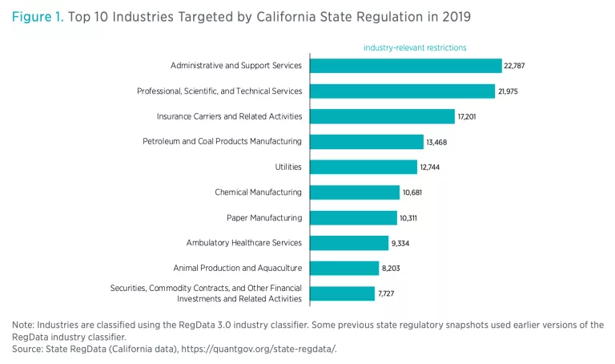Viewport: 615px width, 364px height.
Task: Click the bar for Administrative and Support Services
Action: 405,66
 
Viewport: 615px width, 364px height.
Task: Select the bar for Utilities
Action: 364,167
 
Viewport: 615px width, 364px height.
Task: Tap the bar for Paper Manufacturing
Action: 353,217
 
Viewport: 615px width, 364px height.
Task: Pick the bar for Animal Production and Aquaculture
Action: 344,268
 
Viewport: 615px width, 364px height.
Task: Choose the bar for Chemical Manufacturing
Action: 355,192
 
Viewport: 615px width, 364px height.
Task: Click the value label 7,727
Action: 386,293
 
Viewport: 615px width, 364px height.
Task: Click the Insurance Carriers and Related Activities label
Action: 229,116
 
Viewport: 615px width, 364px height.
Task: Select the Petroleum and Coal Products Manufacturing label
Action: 222,142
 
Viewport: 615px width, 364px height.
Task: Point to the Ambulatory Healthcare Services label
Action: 243,243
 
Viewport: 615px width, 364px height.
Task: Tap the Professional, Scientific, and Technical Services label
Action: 219,91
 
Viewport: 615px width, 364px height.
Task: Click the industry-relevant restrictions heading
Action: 415,47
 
